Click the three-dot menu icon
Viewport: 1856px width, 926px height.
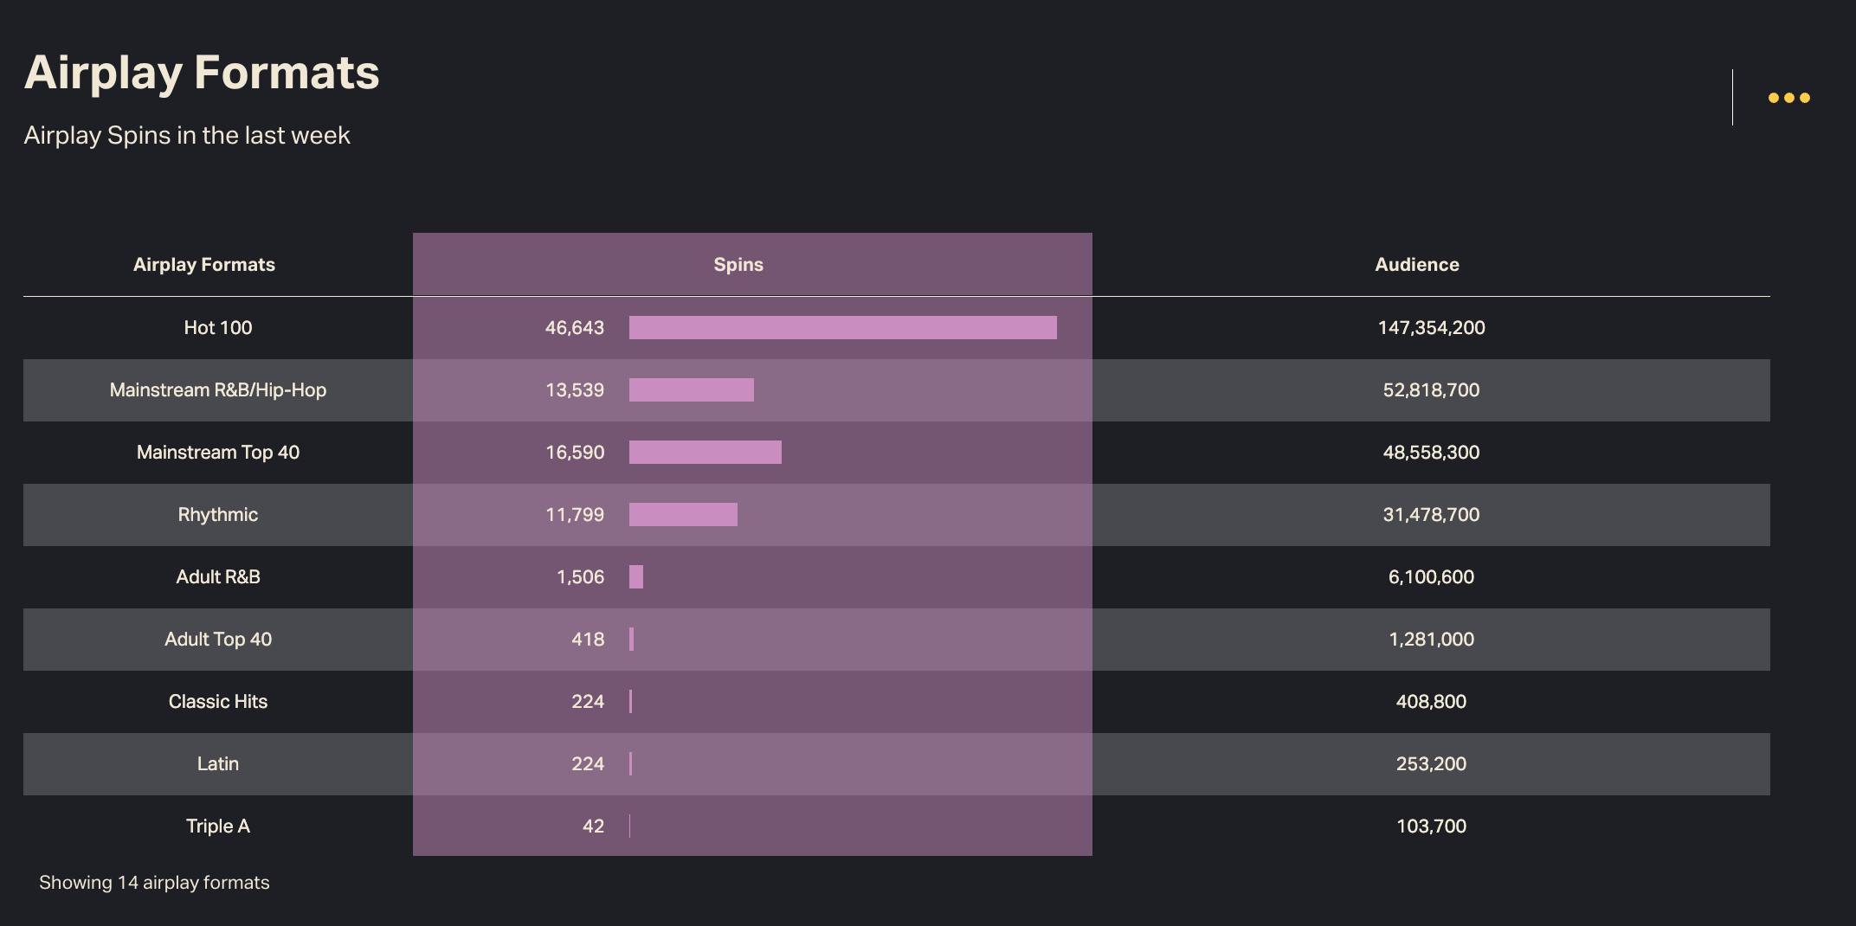point(1788,98)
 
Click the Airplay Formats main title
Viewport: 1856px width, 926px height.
point(202,73)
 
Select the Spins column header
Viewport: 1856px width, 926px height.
point(738,265)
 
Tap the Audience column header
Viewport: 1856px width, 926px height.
point(1416,265)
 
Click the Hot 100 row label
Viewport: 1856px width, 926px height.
point(218,328)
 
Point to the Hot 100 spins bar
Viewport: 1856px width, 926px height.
point(842,328)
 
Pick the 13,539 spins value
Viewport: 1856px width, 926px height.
point(575,390)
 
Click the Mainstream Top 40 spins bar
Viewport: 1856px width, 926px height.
point(705,453)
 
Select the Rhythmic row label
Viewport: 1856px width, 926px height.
point(218,515)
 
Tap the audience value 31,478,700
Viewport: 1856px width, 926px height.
point(1431,515)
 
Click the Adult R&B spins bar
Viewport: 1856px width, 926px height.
point(636,577)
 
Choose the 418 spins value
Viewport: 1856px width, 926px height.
point(588,640)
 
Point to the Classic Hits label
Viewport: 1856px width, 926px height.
point(218,702)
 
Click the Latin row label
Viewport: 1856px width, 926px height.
point(218,764)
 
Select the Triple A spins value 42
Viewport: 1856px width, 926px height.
point(593,826)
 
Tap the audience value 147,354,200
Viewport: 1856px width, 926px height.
point(1431,328)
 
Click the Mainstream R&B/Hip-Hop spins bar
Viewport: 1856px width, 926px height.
point(691,390)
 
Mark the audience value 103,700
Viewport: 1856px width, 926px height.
point(1431,826)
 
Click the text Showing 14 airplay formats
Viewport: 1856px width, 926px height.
point(154,883)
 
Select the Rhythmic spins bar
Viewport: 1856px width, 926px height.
point(683,515)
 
